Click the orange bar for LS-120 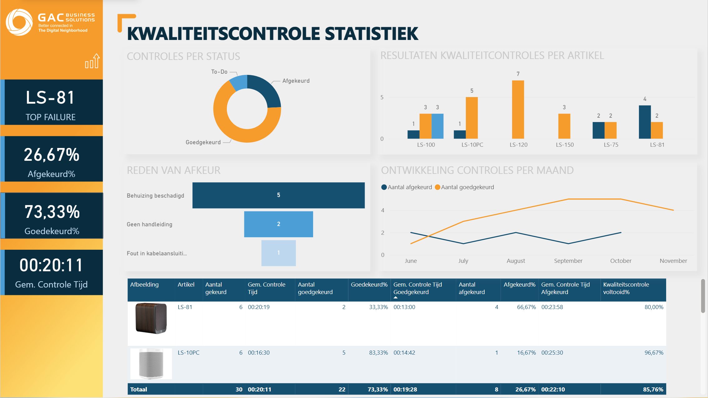pyautogui.click(x=518, y=110)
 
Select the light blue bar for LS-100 pyautogui.click(x=437, y=126)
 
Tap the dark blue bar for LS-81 pyautogui.click(x=645, y=122)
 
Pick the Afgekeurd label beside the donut pyautogui.click(x=296, y=81)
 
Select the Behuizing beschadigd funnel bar pyautogui.click(x=278, y=195)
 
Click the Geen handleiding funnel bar pyautogui.click(x=278, y=224)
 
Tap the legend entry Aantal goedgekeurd pyautogui.click(x=465, y=187)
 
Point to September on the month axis pyautogui.click(x=568, y=261)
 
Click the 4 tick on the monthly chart pyautogui.click(x=382, y=210)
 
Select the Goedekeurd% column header pyautogui.click(x=369, y=285)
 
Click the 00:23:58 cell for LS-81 pyautogui.click(x=552, y=307)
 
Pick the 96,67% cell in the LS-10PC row pyautogui.click(x=654, y=353)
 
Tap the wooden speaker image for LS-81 pyautogui.click(x=151, y=318)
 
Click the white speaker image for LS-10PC pyautogui.click(x=151, y=364)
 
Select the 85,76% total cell pyautogui.click(x=653, y=390)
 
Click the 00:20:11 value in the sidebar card pyautogui.click(x=52, y=265)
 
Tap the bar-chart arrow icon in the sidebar pyautogui.click(x=92, y=61)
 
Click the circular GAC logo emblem pyautogui.click(x=19, y=22)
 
